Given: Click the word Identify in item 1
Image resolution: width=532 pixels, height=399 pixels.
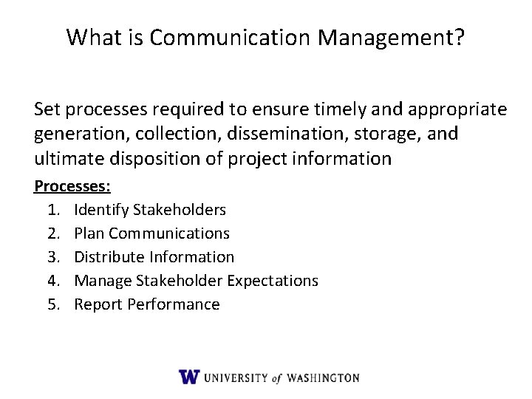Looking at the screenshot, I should [x=101, y=211].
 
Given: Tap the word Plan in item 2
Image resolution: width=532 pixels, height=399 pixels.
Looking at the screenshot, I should [x=89, y=234].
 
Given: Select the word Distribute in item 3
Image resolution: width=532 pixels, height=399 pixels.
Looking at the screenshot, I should [x=109, y=257].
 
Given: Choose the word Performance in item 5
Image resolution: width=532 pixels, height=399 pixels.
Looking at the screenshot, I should [x=174, y=304].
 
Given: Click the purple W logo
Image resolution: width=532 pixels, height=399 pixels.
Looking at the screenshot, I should [x=189, y=377].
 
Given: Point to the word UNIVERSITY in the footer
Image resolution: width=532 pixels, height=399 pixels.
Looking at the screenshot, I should [x=236, y=378].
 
